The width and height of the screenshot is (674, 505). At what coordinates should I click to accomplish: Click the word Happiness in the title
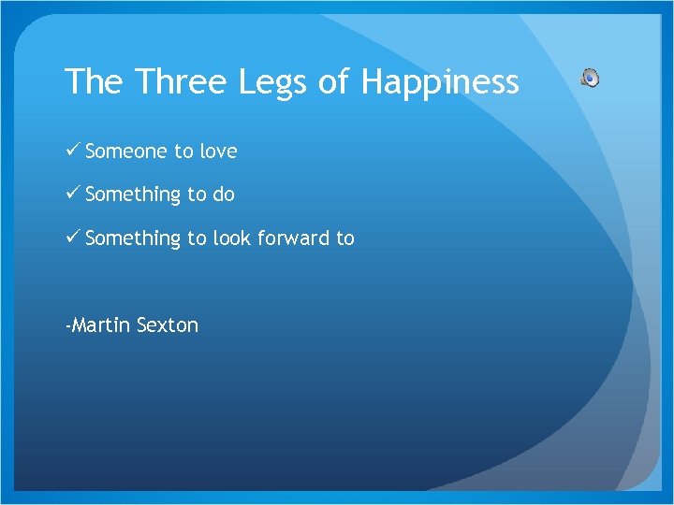[440, 82]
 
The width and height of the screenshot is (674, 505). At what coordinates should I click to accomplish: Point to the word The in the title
[95, 82]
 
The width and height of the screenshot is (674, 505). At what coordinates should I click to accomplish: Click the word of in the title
[333, 82]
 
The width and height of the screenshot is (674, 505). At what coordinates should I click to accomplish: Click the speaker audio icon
[590, 78]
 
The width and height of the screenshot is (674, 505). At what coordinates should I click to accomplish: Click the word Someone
[126, 151]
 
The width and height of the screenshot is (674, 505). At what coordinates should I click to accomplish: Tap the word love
[217, 151]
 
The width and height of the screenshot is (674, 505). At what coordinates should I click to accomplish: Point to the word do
[224, 195]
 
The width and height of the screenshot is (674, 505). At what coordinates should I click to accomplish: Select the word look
[232, 238]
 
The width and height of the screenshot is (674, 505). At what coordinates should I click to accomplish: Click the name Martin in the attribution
[100, 325]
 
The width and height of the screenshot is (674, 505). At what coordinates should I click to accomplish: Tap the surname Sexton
[168, 325]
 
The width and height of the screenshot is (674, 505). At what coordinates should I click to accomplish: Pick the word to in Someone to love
[183, 151]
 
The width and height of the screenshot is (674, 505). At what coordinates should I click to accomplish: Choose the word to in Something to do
[197, 195]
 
